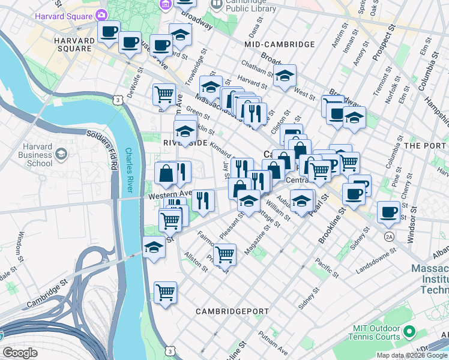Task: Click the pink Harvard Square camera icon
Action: pyautogui.click(x=102, y=14)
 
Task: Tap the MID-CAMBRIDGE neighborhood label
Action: pyautogui.click(x=280, y=44)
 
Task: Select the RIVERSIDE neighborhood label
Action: pyautogui.click(x=185, y=143)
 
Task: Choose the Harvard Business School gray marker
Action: pyautogui.click(x=61, y=155)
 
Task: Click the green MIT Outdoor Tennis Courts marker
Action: pyautogui.click(x=410, y=331)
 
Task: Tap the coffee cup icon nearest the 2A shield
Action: pyautogui.click(x=388, y=212)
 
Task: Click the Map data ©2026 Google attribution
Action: pyautogui.click(x=412, y=355)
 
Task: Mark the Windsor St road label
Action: pyautogui.click(x=412, y=227)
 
